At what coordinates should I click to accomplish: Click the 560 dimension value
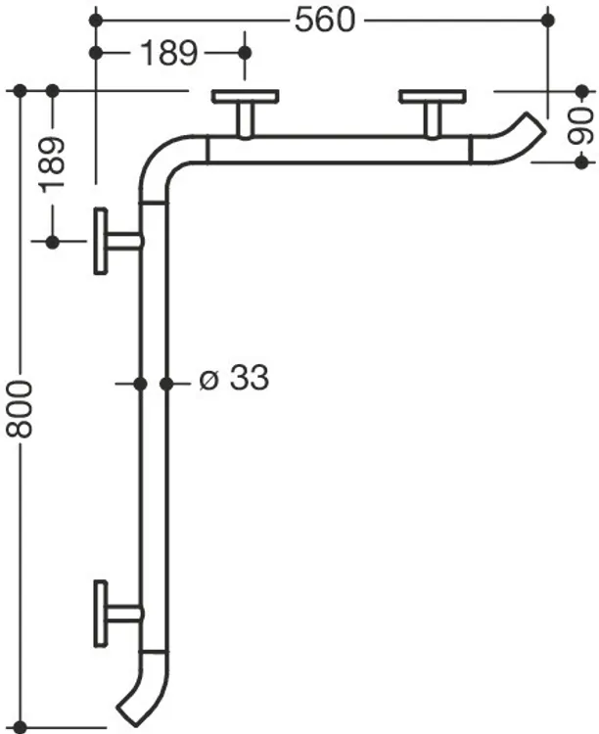pos(325,21)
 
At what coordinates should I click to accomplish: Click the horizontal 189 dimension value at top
pos(169,53)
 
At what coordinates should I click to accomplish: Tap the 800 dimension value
pos(20,410)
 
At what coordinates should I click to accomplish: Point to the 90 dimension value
pos(581,126)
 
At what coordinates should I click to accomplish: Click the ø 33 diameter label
pos(234,378)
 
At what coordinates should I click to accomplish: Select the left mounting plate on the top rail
pos(246,97)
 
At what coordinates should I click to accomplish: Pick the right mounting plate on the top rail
pos(433,97)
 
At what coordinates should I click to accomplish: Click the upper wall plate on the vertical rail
pos(101,241)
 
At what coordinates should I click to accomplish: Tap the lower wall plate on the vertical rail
pos(101,614)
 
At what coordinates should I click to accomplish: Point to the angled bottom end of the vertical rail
pos(126,709)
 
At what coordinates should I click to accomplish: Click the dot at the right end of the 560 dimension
pos(547,21)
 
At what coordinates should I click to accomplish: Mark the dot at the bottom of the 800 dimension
pos(20,727)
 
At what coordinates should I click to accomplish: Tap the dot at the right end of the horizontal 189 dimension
pos(245,53)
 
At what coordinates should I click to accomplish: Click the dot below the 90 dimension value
pos(581,162)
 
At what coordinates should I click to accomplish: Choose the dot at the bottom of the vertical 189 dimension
pos(53,242)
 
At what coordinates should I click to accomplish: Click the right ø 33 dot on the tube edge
pos(166,384)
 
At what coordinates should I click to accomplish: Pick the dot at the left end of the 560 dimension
pos(96,21)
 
